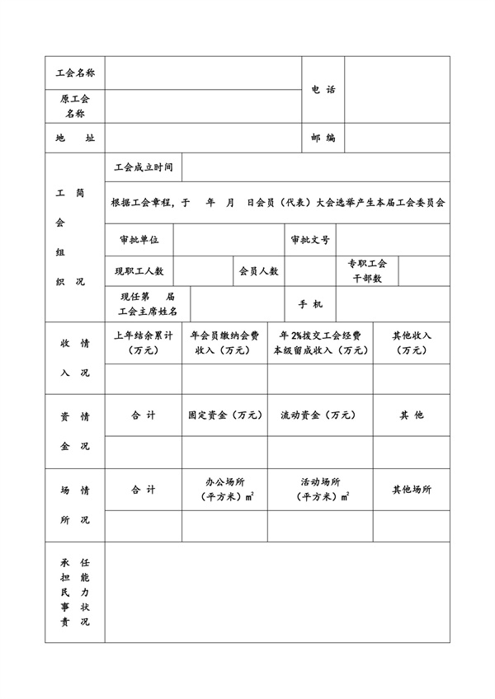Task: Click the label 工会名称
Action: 75,73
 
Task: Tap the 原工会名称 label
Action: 75,106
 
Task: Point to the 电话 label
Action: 323,90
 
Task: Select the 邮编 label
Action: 323,138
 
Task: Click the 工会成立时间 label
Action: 145,167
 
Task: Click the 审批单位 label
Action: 139,240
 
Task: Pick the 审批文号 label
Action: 310,240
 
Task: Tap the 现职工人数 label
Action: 139,270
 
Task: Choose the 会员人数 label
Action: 259,270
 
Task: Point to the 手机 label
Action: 310,304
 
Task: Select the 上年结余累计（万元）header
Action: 143,343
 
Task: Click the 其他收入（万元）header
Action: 411,343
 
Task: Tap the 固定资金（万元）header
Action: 224,415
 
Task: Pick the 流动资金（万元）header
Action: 318,415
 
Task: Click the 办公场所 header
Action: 224,490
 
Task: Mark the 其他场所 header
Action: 411,490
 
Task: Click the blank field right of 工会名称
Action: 202,73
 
